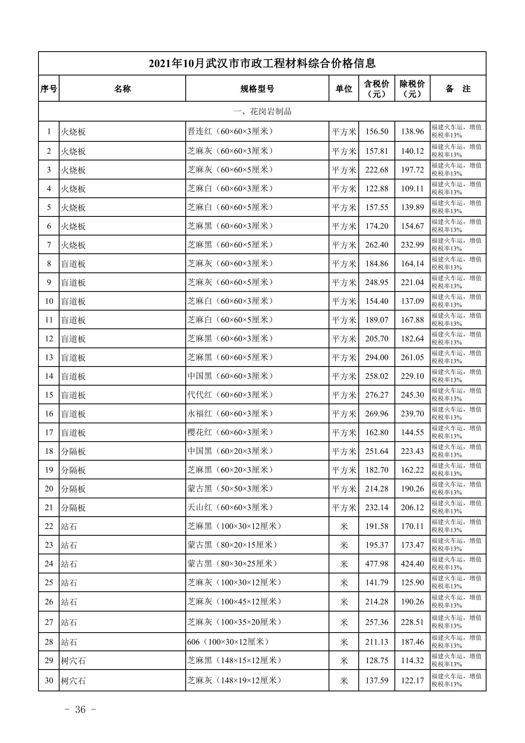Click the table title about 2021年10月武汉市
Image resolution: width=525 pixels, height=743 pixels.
click(262, 63)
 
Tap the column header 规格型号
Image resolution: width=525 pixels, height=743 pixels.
click(257, 89)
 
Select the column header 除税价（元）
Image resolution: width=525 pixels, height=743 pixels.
click(412, 89)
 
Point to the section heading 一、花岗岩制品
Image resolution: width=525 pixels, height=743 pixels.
click(262, 112)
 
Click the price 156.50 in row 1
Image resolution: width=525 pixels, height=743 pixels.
click(377, 131)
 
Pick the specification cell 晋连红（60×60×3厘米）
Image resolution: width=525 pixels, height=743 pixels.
click(231, 131)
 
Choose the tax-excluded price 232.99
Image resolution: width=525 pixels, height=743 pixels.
click(412, 245)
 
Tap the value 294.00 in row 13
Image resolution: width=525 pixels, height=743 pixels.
click(377, 357)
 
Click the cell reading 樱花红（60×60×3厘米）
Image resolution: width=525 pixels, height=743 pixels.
click(231, 432)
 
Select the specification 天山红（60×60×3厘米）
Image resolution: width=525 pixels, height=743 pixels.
click(231, 508)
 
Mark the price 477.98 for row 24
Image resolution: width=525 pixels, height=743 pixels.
click(377, 564)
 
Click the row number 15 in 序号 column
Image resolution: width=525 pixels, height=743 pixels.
click(49, 395)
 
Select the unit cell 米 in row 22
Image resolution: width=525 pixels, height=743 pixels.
click(344, 527)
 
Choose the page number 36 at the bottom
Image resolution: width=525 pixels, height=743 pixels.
click(80, 710)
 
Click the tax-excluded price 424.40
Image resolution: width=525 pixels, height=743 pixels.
click(412, 564)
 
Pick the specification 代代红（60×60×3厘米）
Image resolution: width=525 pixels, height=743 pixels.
click(231, 395)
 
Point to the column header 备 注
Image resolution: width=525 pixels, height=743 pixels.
click(458, 89)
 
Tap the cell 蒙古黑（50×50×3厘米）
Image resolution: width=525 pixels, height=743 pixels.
click(231, 489)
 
